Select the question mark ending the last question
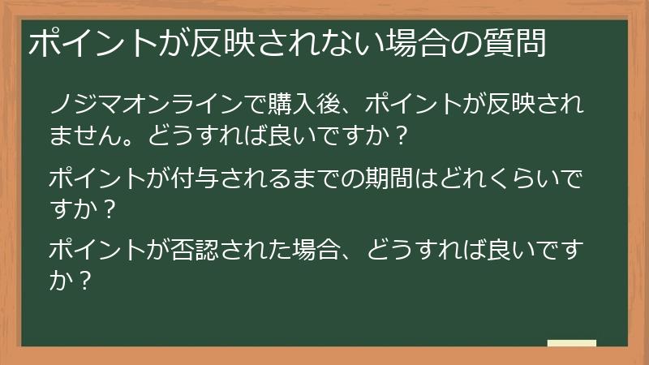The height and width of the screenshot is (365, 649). (82, 282)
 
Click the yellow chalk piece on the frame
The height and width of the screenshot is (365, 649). (571, 343)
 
